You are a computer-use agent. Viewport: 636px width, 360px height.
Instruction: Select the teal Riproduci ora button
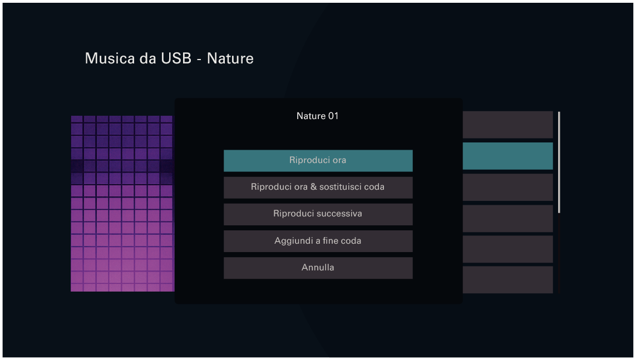318,160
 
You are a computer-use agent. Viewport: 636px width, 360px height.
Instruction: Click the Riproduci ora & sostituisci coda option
318,187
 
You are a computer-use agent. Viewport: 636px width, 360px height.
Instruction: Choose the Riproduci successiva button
318,214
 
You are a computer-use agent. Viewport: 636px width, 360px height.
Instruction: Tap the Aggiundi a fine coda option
318,241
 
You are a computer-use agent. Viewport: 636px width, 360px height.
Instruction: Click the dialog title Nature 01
317,116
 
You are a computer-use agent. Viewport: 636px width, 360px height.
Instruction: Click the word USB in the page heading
175,58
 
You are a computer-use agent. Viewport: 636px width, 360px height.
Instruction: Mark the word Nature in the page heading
230,58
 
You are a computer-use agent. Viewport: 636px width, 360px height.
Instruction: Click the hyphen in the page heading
199,60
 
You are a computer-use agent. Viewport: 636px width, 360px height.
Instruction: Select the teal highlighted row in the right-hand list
507,156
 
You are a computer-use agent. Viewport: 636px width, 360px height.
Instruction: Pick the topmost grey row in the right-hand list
507,125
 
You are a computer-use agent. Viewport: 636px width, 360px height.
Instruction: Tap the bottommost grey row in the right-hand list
507,279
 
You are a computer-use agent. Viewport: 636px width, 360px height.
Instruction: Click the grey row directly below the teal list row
507,187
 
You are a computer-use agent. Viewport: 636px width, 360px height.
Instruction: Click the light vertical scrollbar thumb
559,161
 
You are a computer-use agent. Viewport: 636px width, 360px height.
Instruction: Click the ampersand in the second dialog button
314,187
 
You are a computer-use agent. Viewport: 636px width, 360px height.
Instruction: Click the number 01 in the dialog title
333,116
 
